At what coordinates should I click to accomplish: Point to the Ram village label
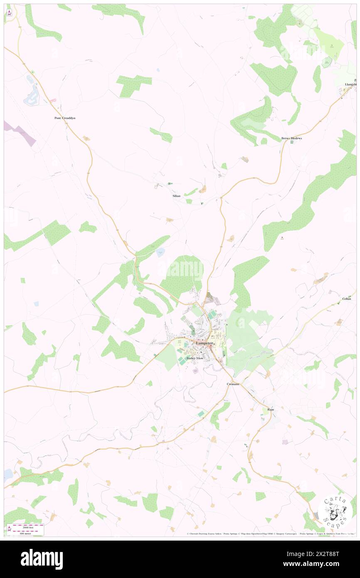pyautogui.click(x=271, y=410)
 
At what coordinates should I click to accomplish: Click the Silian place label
pyautogui.click(x=176, y=195)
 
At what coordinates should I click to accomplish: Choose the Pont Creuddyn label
pyautogui.click(x=65, y=118)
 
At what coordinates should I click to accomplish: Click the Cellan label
pyautogui.click(x=346, y=299)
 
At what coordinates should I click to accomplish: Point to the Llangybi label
pyautogui.click(x=350, y=84)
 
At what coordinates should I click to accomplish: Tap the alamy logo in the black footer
pyautogui.click(x=42, y=559)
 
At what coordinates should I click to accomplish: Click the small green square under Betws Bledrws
pyautogui.click(x=292, y=142)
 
